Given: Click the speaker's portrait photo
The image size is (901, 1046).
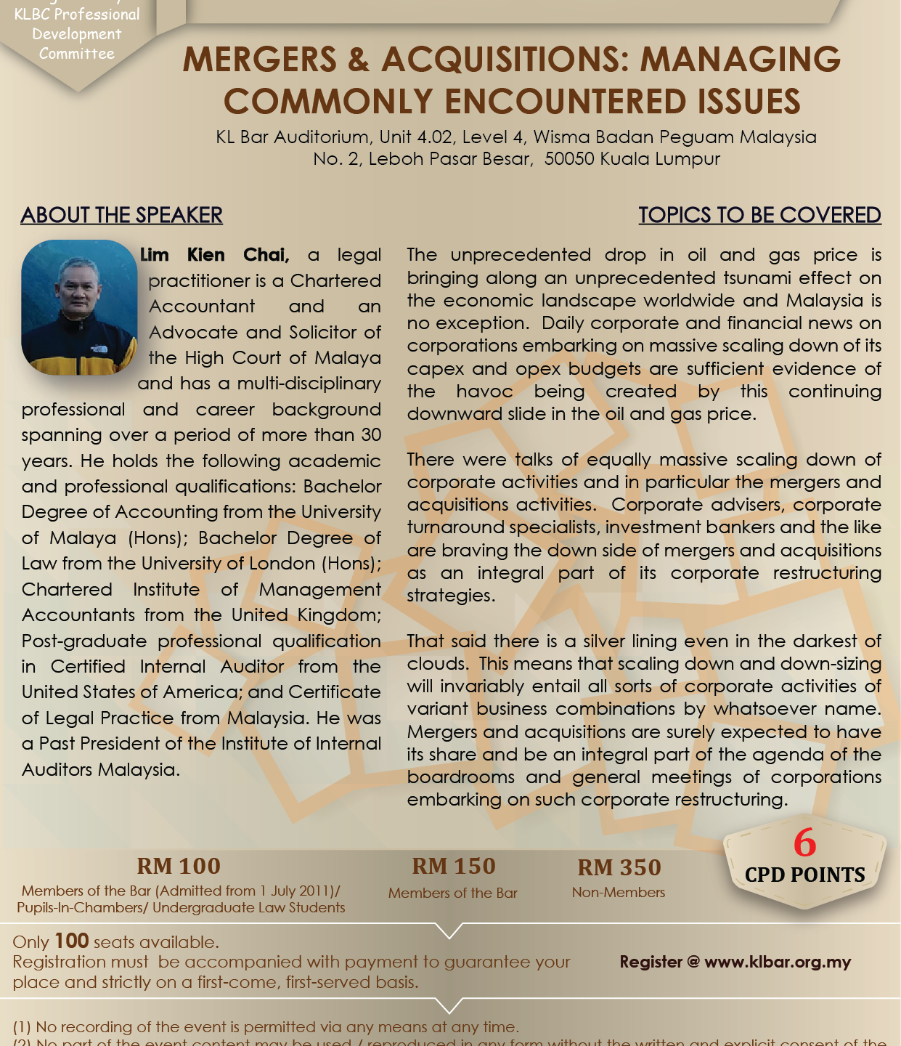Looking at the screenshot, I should [79, 307].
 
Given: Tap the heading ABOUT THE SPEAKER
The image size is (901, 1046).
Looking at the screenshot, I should [122, 215].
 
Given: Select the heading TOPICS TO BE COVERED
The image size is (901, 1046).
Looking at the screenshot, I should [759, 215].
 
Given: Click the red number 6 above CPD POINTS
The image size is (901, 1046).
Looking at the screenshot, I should [804, 843].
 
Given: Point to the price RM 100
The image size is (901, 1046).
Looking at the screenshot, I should [179, 866].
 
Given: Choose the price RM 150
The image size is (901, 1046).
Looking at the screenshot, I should [453, 866].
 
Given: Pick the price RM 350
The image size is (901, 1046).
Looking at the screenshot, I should [619, 867].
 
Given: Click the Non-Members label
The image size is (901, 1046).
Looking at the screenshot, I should [619, 892].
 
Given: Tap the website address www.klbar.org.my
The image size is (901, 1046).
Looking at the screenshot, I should [778, 962].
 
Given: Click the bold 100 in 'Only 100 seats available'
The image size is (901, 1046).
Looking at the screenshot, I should [72, 941].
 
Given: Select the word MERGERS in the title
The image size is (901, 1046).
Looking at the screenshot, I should [260, 60].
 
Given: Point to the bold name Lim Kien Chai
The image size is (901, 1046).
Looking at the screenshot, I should [214, 255].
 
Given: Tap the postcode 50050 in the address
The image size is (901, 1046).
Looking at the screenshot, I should [570, 158].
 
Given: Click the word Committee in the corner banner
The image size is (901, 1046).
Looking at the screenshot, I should [77, 54].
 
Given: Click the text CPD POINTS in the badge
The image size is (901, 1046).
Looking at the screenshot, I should [804, 875].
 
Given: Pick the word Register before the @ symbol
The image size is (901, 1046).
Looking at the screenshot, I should [651, 962].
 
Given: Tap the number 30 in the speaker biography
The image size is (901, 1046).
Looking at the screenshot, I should [371, 434].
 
